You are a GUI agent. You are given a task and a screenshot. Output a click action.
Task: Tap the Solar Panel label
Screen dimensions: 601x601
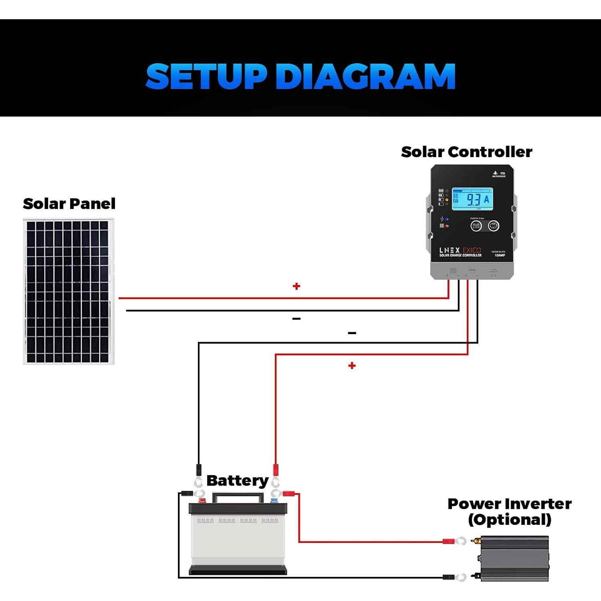pos(69,204)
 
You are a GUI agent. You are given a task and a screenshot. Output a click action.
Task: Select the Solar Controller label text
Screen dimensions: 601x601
pos(466,152)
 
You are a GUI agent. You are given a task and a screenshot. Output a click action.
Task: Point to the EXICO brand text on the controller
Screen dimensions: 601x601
pos(472,250)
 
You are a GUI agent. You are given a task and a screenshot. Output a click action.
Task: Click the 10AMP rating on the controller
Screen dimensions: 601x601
pos(500,255)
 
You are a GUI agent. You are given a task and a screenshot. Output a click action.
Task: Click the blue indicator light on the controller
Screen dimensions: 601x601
pos(447,219)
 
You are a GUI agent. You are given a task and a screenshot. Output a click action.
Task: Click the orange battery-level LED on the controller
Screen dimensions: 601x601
pos(447,200)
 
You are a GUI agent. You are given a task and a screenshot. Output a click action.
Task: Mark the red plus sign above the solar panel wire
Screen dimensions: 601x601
pos(296,286)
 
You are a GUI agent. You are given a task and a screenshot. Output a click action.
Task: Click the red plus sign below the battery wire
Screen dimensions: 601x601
pos(352,365)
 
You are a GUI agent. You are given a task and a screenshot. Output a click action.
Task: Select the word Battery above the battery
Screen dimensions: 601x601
pos(237,480)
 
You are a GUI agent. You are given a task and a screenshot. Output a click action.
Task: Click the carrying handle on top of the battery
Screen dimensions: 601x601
pos(238,497)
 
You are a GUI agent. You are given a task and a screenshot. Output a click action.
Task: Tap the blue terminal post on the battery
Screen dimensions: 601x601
pos(274,500)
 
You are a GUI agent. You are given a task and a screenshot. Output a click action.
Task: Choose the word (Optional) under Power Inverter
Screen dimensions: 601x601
pos(509,520)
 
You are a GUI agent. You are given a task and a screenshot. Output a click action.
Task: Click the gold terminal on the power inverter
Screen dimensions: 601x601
pos(476,541)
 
